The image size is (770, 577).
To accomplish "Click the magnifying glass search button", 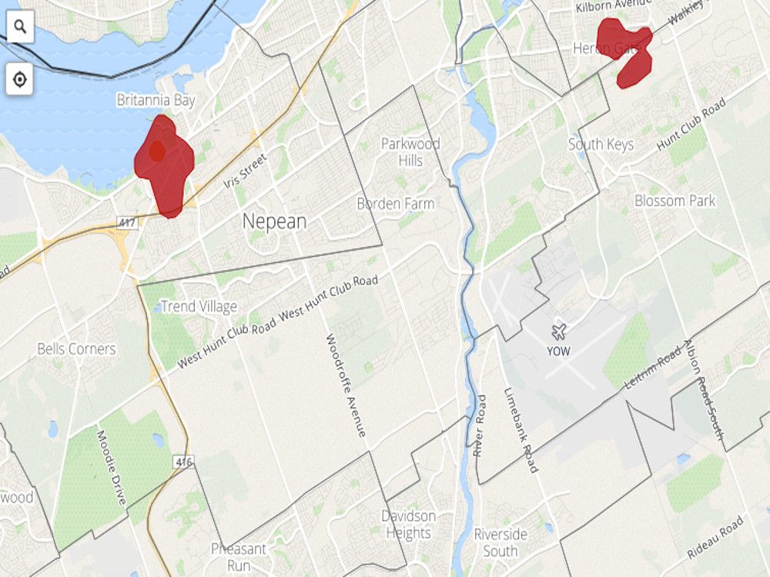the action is click(x=19, y=28).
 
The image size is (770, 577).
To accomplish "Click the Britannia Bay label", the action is click(x=156, y=101).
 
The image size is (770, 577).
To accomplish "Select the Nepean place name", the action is click(x=274, y=222).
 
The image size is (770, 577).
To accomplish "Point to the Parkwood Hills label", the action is click(x=410, y=152).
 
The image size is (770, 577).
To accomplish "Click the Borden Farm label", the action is click(x=395, y=204).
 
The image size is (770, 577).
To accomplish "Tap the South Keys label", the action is click(x=601, y=145).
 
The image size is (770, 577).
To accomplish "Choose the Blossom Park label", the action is click(x=675, y=201).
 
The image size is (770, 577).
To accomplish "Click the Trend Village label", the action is click(x=199, y=307).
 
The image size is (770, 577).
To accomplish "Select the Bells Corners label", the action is click(x=76, y=349).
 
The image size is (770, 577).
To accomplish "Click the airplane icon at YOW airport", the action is click(x=559, y=332).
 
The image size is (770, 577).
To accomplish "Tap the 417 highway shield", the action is click(x=127, y=222).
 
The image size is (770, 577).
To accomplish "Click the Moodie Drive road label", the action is click(x=111, y=467).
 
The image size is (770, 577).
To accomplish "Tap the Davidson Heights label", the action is click(x=408, y=525).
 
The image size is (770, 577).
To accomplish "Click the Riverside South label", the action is click(x=500, y=542).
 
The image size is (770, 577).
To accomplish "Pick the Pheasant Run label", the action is click(x=239, y=557).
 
